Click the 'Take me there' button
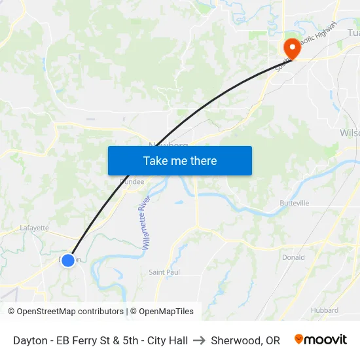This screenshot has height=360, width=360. pos(180,160)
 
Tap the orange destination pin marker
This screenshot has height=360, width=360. pos(290,47)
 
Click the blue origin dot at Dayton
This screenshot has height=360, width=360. pos(68,261)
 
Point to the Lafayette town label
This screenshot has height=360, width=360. pos(34,228)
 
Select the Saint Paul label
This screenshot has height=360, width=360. pos(164,272)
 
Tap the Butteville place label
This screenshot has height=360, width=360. pos(295,204)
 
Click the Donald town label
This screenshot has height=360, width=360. pos(293,257)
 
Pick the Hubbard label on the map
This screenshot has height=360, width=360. pos(325,310)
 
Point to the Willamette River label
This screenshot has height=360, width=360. pos(147,222)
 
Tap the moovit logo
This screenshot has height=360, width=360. pos(321,340)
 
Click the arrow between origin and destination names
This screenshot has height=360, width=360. pos(200,340)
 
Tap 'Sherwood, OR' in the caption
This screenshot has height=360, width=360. pos(245,340)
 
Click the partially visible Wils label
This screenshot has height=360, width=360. pos(350,133)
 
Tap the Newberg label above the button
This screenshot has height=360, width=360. pos(169,144)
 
